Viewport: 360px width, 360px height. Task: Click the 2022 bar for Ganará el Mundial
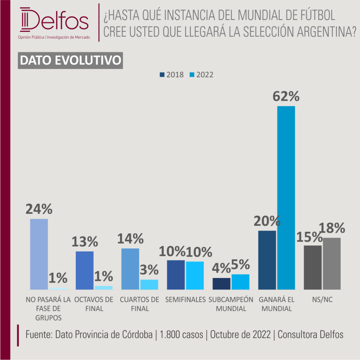(x=286, y=198)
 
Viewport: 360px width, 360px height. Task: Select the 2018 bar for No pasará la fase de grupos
(x=39, y=254)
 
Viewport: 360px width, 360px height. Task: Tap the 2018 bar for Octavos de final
(x=85, y=270)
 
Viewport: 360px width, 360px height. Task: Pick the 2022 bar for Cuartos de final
(x=149, y=284)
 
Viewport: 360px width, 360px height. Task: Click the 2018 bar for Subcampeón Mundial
(x=221, y=284)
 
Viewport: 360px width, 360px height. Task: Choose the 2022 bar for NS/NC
(x=332, y=264)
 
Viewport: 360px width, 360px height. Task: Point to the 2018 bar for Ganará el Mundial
(x=267, y=260)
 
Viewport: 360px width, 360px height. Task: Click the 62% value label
(x=286, y=96)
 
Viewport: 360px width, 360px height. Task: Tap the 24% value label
(x=39, y=209)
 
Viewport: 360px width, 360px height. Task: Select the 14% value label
(x=130, y=239)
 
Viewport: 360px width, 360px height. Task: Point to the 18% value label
(x=332, y=228)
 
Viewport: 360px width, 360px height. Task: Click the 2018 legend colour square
(x=162, y=75)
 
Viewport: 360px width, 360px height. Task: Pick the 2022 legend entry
(x=201, y=75)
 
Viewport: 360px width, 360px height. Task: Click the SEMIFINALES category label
(x=186, y=300)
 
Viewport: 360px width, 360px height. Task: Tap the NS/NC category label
(x=322, y=300)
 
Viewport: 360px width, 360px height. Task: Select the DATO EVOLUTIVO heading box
(x=70, y=60)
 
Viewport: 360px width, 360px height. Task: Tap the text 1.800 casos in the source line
(x=181, y=335)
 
